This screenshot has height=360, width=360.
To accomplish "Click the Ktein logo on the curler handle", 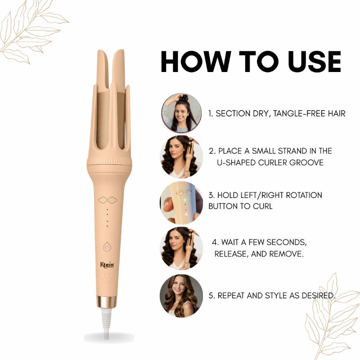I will (x=107, y=265).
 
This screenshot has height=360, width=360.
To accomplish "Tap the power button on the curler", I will (x=107, y=247).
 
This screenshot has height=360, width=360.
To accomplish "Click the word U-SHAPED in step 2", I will (x=236, y=162).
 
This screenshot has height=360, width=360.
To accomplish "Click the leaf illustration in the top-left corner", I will (x=31, y=29).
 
